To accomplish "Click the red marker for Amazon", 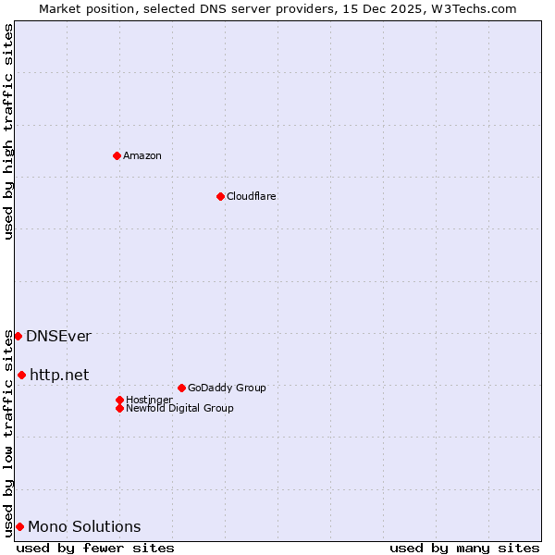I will (x=117, y=155).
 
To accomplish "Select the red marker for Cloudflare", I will (x=220, y=196).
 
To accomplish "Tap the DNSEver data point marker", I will (x=18, y=336).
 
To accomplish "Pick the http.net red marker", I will (x=21, y=375).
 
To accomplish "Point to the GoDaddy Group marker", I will (x=181, y=388).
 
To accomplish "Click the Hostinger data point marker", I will (x=119, y=400).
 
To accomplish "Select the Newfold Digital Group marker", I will (x=119, y=408).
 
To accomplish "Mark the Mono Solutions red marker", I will (x=19, y=526).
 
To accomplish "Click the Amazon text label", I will (x=142, y=155).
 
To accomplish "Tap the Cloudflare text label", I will (x=252, y=196).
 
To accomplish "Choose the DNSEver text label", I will (x=58, y=336).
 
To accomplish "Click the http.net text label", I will (x=59, y=375).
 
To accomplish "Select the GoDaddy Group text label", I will (x=227, y=388).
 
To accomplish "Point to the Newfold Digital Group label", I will (x=179, y=408).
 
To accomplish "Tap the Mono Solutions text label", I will (x=84, y=526).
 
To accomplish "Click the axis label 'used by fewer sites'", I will (x=95, y=548).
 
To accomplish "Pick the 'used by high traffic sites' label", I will (x=8, y=131).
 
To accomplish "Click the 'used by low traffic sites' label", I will (x=8, y=432).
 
